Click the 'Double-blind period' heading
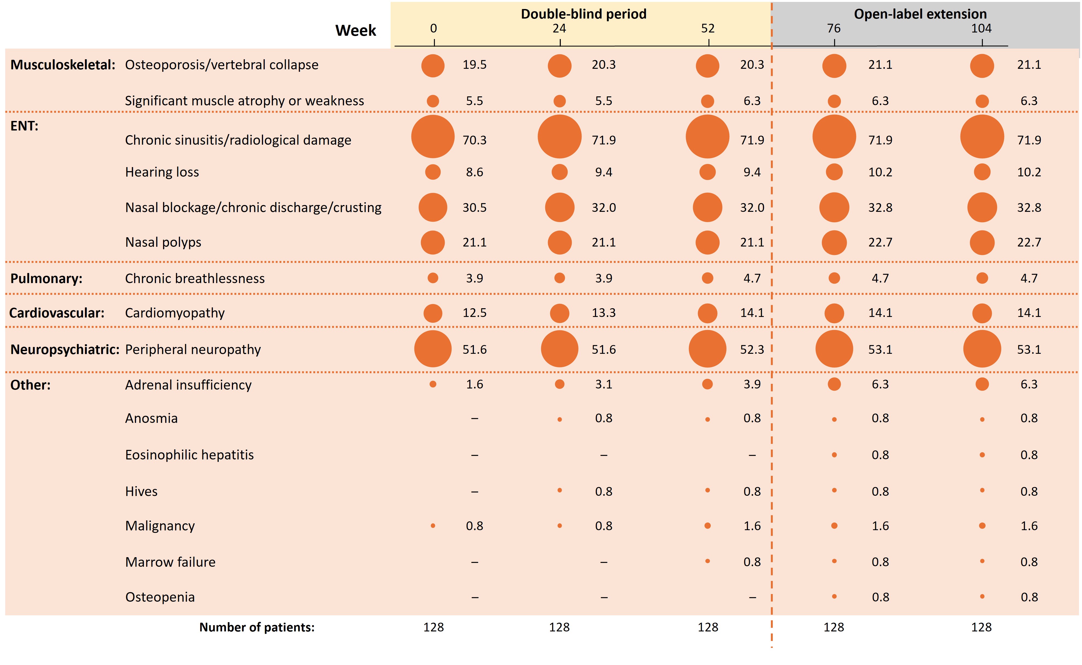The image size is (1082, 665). point(583,14)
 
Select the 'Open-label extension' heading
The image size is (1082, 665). point(920,14)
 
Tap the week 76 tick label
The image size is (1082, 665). point(833,29)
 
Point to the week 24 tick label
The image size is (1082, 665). point(559,29)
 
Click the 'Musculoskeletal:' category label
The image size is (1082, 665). point(63,65)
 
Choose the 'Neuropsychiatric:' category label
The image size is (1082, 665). point(65,350)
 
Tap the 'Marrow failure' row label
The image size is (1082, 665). point(170,562)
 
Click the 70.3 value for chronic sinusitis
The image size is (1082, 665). point(474,140)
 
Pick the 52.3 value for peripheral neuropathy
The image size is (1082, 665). point(752,350)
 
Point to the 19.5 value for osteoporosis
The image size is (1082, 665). point(474,65)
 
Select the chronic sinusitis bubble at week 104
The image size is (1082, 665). point(982,137)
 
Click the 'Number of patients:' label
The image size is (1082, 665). point(257,627)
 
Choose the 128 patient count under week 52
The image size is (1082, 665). point(707,627)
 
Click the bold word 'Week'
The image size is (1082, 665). point(356,31)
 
